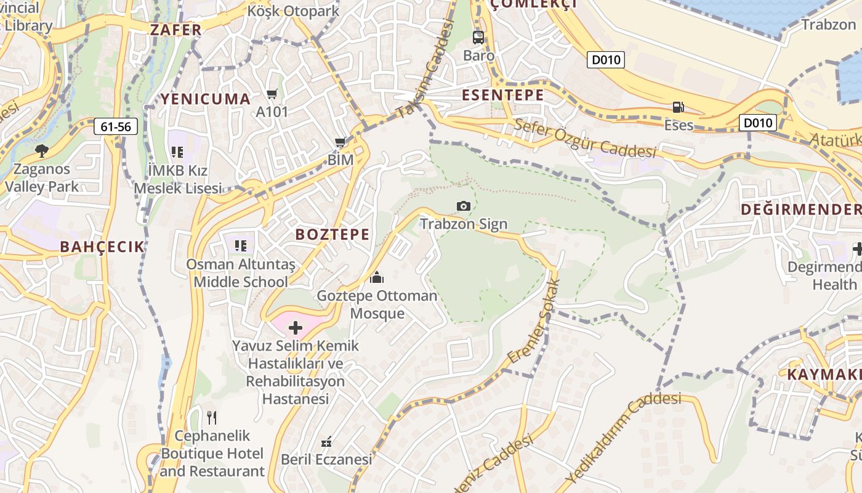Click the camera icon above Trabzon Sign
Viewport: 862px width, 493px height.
(x=463, y=206)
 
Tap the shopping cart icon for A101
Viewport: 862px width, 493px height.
(x=272, y=94)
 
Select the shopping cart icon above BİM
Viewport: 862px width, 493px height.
(x=340, y=142)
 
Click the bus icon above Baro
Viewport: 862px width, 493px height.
(x=478, y=37)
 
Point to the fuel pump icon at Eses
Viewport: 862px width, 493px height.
(x=678, y=107)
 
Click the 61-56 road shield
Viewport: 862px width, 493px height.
(x=116, y=127)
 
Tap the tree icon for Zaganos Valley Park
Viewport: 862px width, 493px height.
(x=41, y=150)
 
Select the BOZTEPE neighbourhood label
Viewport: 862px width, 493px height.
(x=332, y=234)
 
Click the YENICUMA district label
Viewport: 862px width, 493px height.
(x=206, y=99)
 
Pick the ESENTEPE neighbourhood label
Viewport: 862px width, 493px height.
(x=503, y=95)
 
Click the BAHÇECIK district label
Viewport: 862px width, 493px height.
(x=102, y=247)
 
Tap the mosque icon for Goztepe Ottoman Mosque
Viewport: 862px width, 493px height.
(x=377, y=277)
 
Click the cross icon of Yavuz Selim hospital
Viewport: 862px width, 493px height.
(x=296, y=327)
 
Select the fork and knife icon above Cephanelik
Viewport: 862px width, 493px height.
(x=212, y=418)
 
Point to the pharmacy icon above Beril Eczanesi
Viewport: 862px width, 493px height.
(x=327, y=442)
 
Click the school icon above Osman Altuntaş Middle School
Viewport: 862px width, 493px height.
(x=241, y=246)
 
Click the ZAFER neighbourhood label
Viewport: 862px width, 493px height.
(x=175, y=30)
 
